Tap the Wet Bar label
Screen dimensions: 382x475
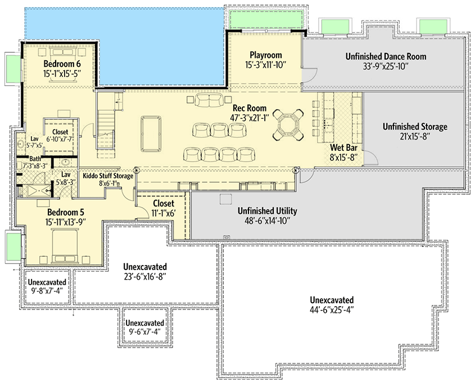345,148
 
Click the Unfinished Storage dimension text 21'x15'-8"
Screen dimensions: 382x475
415,136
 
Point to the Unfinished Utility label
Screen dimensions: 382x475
267,211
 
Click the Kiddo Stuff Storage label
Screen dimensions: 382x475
107,176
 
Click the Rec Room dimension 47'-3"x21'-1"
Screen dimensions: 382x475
248,116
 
